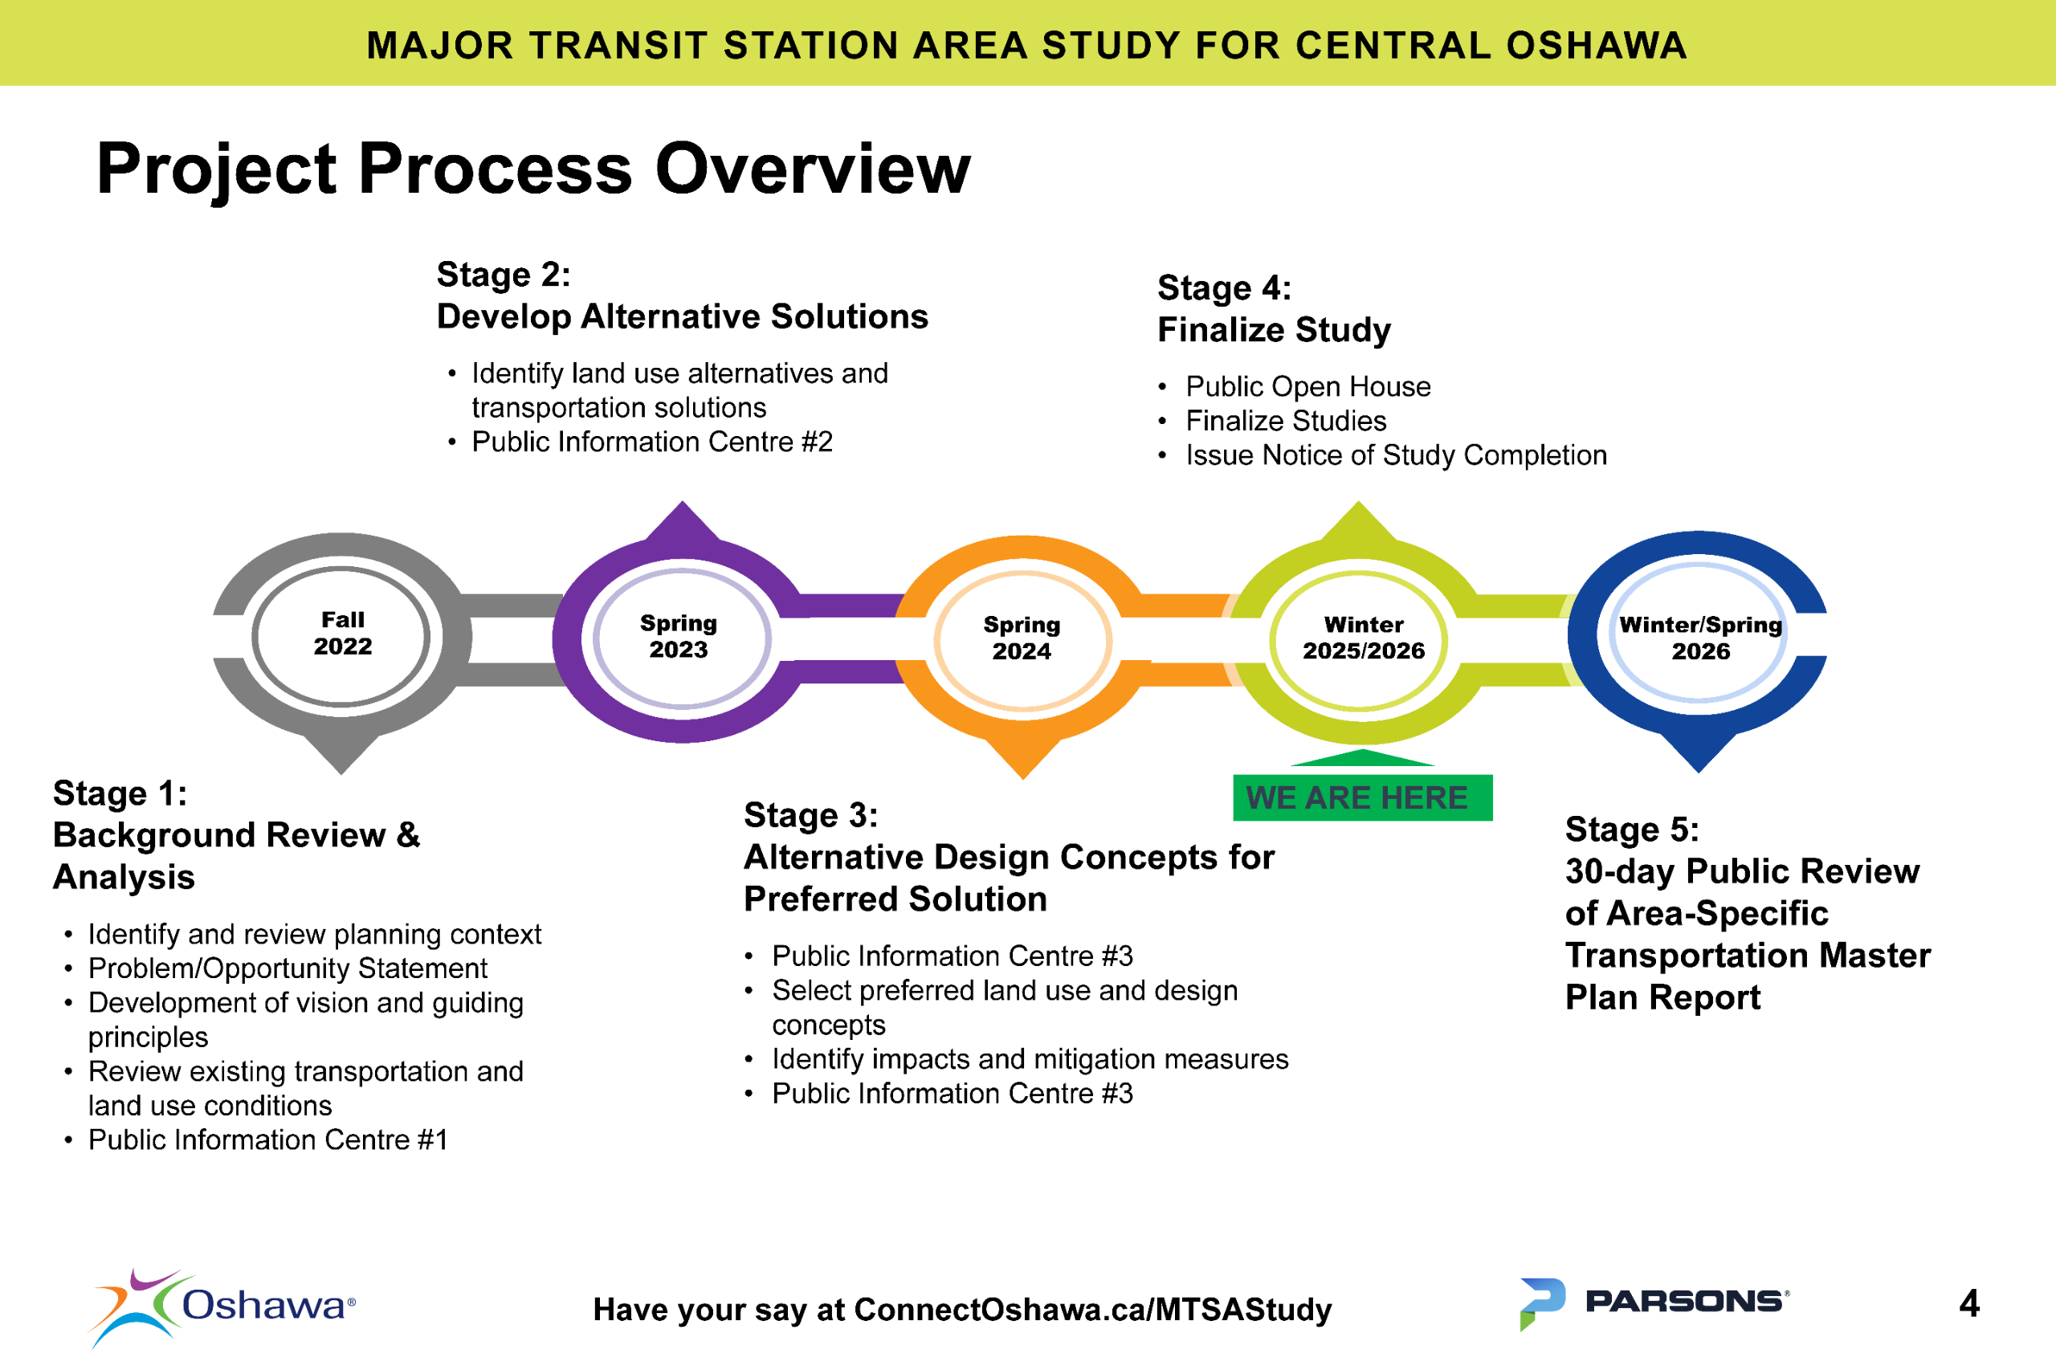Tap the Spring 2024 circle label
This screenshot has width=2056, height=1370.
(1022, 638)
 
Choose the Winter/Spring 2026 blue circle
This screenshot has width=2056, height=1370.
(1699, 638)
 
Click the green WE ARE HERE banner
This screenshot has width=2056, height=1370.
(1361, 797)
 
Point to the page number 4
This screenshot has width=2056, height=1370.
(1968, 1303)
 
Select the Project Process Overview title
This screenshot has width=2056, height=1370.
(533, 168)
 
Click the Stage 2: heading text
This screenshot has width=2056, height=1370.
(504, 275)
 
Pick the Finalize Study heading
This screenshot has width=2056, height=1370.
(1273, 330)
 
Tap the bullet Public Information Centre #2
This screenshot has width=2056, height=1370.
(652, 442)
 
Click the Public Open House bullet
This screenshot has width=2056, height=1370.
(1307, 386)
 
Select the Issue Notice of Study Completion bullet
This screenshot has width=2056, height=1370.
(1395, 455)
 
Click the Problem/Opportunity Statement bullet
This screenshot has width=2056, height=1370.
(288, 968)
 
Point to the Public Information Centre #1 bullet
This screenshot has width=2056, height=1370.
(267, 1140)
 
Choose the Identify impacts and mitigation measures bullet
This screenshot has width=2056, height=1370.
(1030, 1059)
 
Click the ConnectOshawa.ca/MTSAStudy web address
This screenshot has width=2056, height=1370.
(1092, 1310)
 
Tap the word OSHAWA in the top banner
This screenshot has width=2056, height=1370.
(1596, 46)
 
